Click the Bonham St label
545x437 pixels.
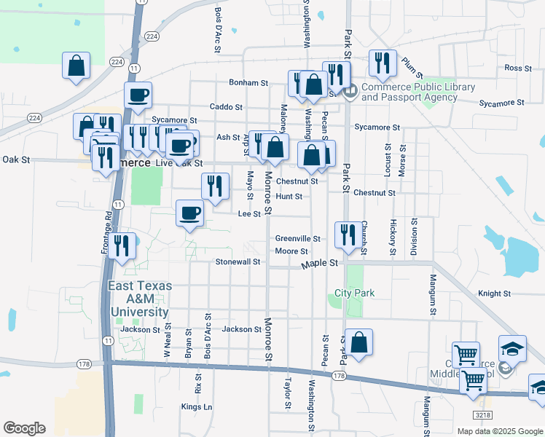249,83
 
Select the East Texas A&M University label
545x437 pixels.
141,299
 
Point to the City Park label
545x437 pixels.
354,293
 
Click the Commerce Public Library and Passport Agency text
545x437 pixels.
417,92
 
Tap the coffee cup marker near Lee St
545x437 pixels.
189,213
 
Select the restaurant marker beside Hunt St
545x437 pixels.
214,186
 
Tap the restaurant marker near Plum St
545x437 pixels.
382,63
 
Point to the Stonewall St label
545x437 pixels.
238,261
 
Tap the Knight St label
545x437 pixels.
494,294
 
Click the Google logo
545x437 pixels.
24,428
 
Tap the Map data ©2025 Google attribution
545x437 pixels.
499,431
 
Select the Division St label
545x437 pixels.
415,237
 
